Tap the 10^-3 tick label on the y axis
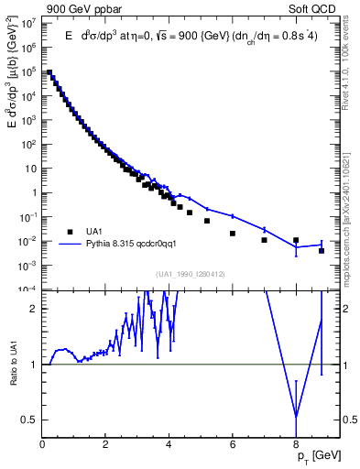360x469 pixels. tap(28, 265)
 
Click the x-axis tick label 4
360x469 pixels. tap(169, 444)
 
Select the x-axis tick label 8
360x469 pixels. tap(296, 444)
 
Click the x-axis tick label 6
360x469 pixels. tap(233, 444)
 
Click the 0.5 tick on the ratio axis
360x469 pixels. tap(29, 420)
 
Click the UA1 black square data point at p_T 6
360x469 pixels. tap(233, 234)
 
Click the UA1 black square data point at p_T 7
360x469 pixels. tap(265, 240)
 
